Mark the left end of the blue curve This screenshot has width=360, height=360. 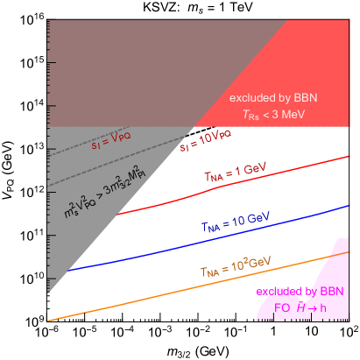[x=67, y=270]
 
